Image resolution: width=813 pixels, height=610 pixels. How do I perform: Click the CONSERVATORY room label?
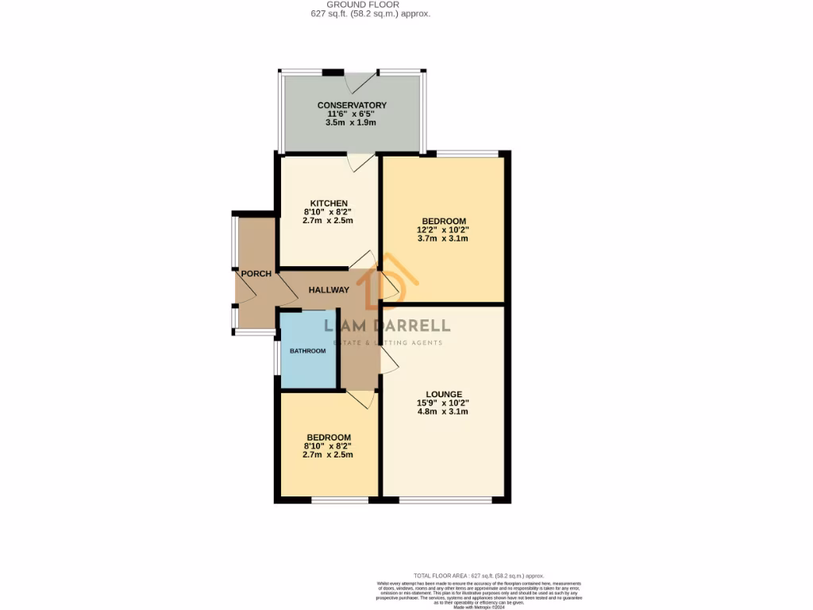[x=352, y=105]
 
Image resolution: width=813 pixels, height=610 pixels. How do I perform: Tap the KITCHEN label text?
[x=329, y=203]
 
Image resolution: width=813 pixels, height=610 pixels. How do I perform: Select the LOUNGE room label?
[x=444, y=393]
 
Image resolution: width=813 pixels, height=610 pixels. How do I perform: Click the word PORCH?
[x=256, y=274]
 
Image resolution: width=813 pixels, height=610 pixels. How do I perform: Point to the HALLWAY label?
[x=329, y=290]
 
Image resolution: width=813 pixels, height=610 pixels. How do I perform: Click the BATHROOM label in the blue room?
[x=307, y=351]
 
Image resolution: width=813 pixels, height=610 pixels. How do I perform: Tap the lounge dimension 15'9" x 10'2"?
[x=444, y=403]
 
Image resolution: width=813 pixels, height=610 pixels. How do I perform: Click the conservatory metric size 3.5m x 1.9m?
[x=352, y=123]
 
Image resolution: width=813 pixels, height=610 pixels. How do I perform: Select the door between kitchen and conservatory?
[x=361, y=162]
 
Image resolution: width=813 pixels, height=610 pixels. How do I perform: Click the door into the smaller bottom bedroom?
[x=360, y=399]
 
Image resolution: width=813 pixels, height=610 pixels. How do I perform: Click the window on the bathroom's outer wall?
[x=276, y=357]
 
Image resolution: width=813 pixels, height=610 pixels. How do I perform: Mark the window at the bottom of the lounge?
[x=445, y=500]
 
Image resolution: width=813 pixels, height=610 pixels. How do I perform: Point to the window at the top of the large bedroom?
[x=468, y=152]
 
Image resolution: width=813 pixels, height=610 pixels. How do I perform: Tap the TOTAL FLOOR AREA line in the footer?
[x=479, y=575]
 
